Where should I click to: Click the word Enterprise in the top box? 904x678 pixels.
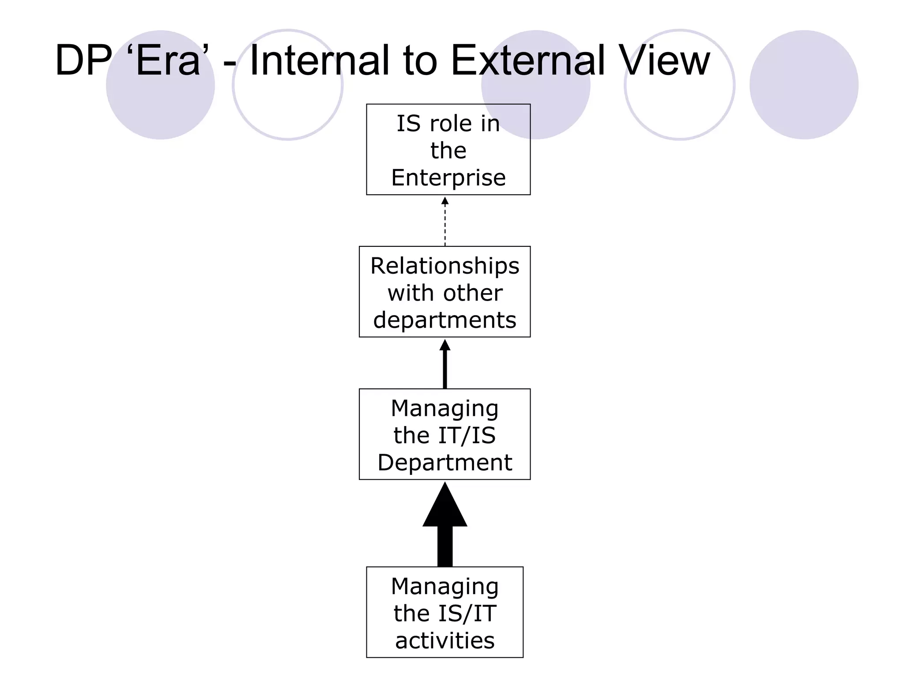[x=448, y=178]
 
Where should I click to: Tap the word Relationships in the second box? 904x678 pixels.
[x=444, y=266]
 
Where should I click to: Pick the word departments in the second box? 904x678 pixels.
[x=444, y=320]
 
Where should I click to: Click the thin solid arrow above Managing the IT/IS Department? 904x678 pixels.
[x=445, y=364]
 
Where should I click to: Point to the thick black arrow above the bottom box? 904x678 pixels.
[x=445, y=525]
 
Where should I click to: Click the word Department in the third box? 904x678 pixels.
[x=444, y=463]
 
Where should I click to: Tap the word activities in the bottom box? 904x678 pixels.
[x=444, y=640]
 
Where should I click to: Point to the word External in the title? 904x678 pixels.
[x=528, y=60]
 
